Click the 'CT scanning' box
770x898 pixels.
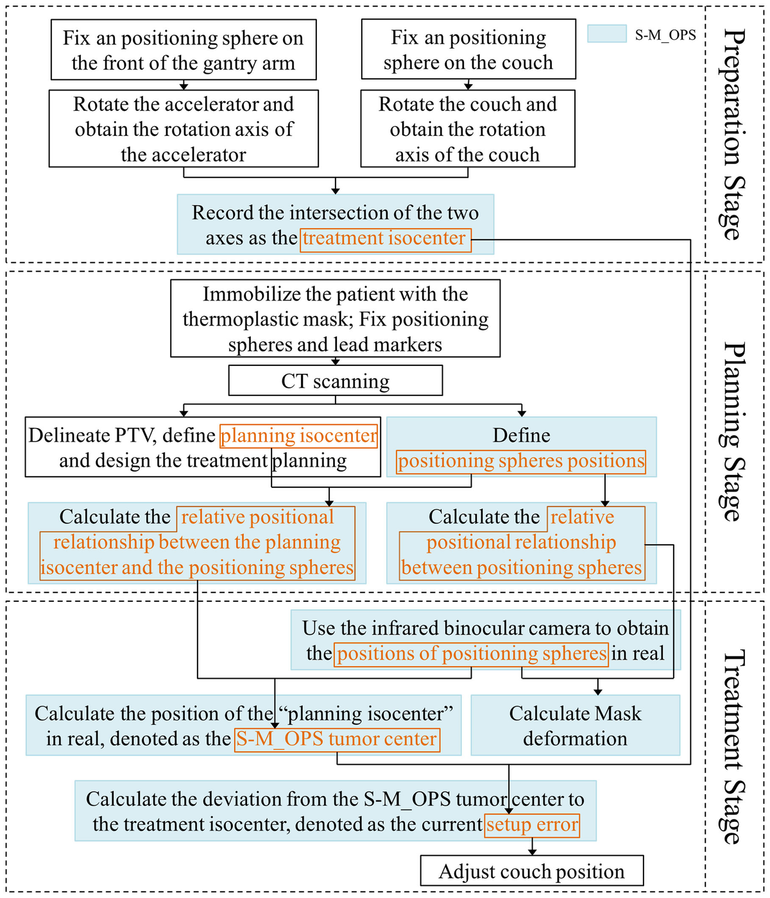coord(335,381)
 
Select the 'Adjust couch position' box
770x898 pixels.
coord(531,872)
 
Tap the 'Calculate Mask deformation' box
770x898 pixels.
coord(575,726)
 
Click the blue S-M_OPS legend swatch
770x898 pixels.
coord(606,34)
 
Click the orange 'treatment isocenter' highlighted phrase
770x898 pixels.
coord(385,239)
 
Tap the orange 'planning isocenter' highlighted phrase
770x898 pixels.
coord(298,436)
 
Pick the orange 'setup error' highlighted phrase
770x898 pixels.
coord(532,825)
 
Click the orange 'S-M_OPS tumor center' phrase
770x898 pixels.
coord(337,739)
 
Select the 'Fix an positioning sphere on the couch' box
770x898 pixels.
coord(468,50)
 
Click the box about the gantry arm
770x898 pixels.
coord(184,50)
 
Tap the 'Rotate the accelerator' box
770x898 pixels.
coord(184,129)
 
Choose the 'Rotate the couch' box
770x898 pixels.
coord(468,129)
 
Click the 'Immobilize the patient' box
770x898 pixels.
coord(335,319)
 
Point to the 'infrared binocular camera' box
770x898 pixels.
coord(485,640)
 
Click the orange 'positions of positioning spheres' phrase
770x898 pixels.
coord(471,654)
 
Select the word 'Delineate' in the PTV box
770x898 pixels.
coord(61,436)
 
